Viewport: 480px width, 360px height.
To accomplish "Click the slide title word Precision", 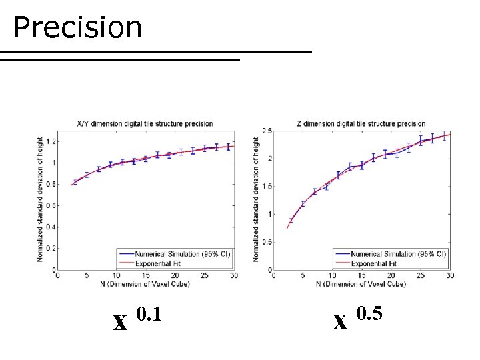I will point(77,28).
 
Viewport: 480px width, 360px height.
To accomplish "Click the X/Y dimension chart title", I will point(145,124).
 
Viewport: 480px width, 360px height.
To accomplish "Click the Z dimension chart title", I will point(361,124).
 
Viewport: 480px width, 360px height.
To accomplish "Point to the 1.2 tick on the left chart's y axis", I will point(51,141).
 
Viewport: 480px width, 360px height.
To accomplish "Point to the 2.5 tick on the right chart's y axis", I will point(267,131).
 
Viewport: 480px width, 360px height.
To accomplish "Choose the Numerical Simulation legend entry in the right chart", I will point(398,254).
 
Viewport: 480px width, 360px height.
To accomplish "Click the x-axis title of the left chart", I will point(145,284).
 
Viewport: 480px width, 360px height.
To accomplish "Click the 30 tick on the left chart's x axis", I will point(233,275).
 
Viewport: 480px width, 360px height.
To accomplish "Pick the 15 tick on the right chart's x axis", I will point(362,275).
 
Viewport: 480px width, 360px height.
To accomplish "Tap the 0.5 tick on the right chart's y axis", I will point(267,242).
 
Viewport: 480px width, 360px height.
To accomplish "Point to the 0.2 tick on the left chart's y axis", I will point(51,249).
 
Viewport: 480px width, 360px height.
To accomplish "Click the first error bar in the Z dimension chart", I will point(291,220).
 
